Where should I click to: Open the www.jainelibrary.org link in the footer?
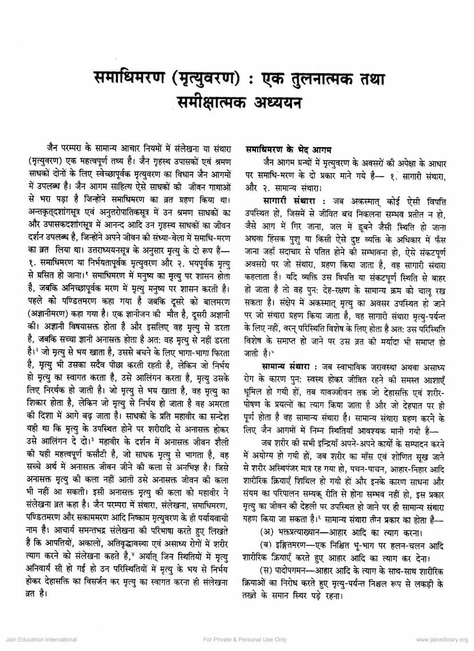coord(441,640)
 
